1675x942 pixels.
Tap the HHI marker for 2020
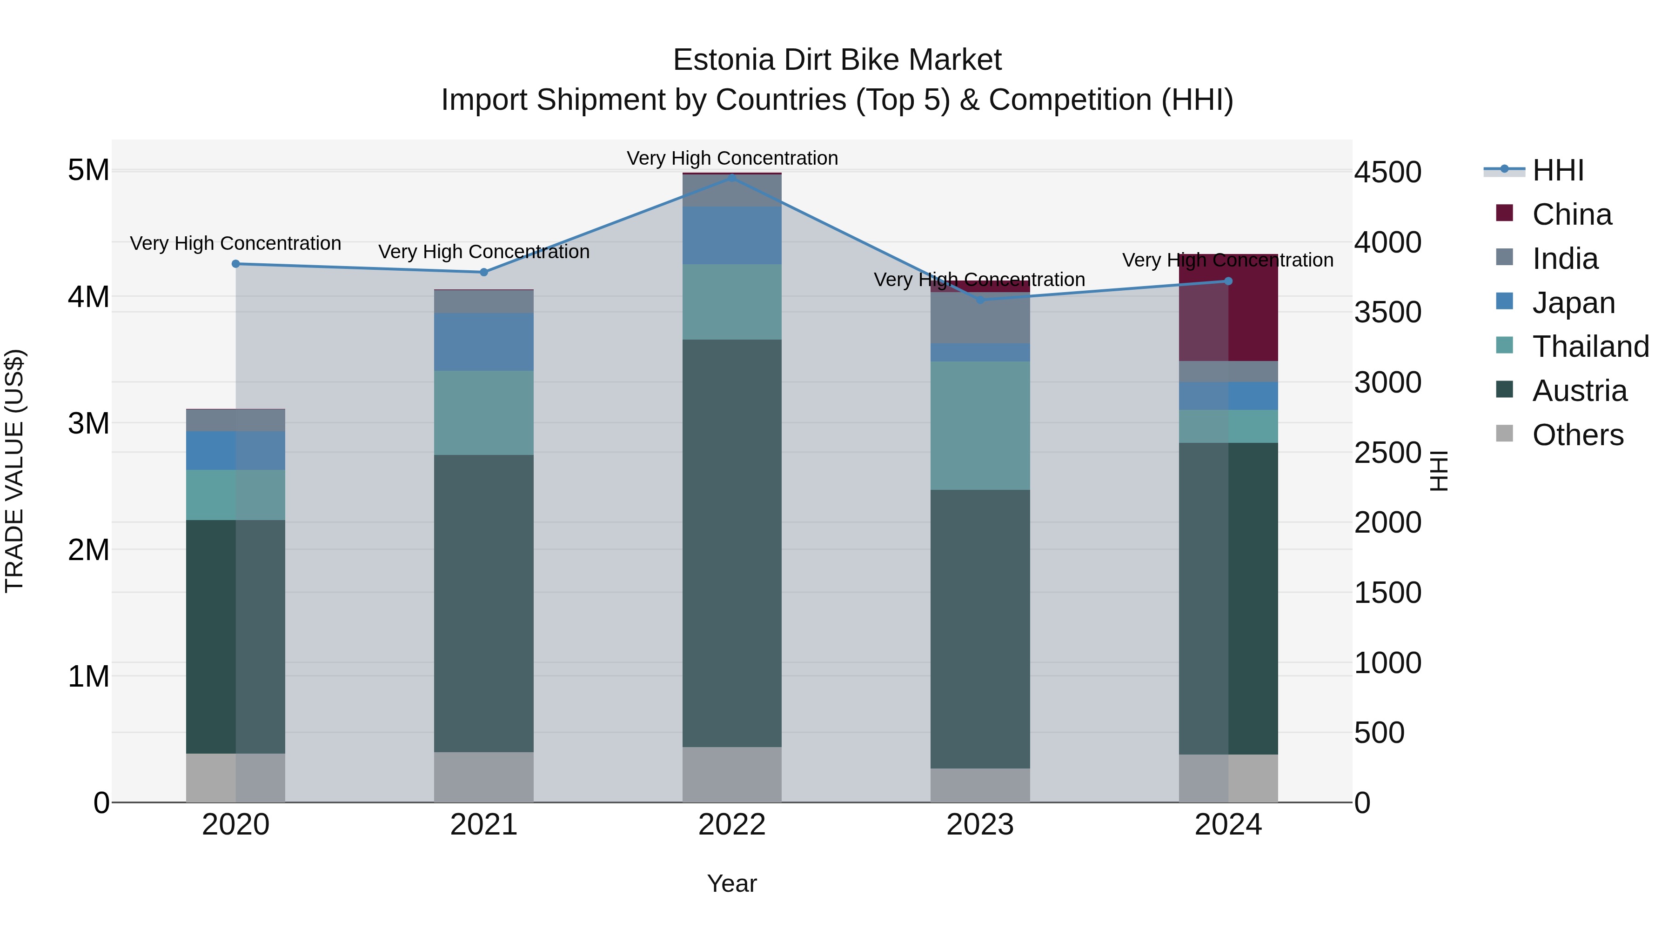[x=235, y=264]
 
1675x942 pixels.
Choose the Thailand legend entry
[x=1590, y=347]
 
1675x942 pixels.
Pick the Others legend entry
[x=1577, y=435]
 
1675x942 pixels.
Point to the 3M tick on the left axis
[x=88, y=423]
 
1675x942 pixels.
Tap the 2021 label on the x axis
[x=483, y=825]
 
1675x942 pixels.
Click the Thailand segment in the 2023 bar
[x=980, y=426]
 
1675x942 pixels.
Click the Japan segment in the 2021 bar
[x=483, y=342]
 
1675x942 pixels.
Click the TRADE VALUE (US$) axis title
[x=14, y=471]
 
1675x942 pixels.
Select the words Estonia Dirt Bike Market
[x=837, y=60]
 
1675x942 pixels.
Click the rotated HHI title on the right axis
[x=1439, y=471]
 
